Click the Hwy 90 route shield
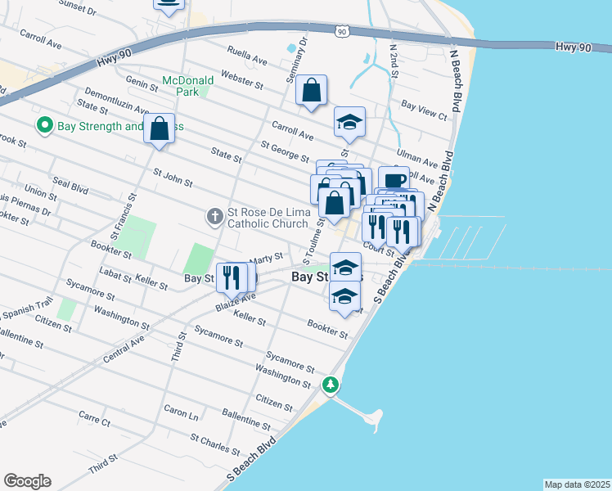click(x=342, y=31)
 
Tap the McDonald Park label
click(x=187, y=86)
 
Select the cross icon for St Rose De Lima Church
click(x=214, y=216)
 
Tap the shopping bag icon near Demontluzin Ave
click(x=159, y=128)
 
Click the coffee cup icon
click(x=394, y=180)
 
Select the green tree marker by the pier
click(x=331, y=384)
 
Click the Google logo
click(x=27, y=481)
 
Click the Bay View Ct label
click(x=424, y=110)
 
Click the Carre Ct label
click(x=93, y=421)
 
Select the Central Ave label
click(x=124, y=349)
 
